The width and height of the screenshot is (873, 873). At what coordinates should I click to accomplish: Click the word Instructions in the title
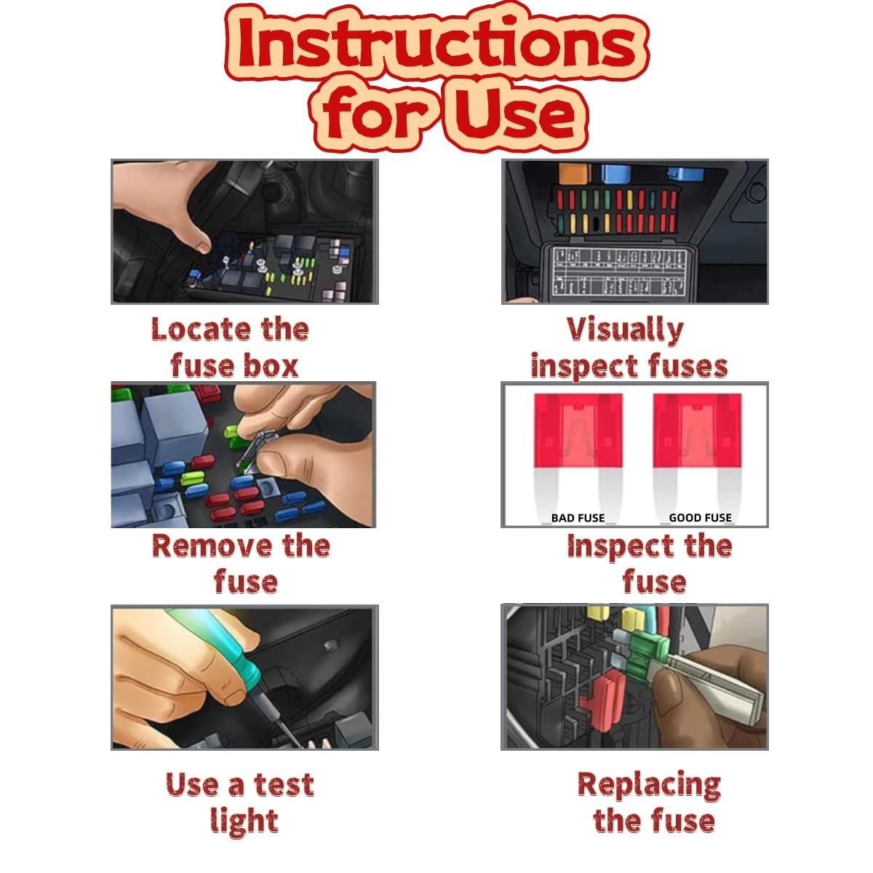pos(436,45)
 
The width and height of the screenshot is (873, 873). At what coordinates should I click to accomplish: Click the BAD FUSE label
pos(578,518)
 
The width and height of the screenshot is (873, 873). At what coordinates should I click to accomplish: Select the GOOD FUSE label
pos(700,518)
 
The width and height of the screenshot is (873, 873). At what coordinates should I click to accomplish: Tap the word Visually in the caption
pos(625,330)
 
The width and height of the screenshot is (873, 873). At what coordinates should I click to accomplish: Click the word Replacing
pos(649,785)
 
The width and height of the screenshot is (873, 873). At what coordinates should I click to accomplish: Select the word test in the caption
pos(283,785)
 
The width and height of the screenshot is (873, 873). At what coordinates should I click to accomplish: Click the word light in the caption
pos(244,821)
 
